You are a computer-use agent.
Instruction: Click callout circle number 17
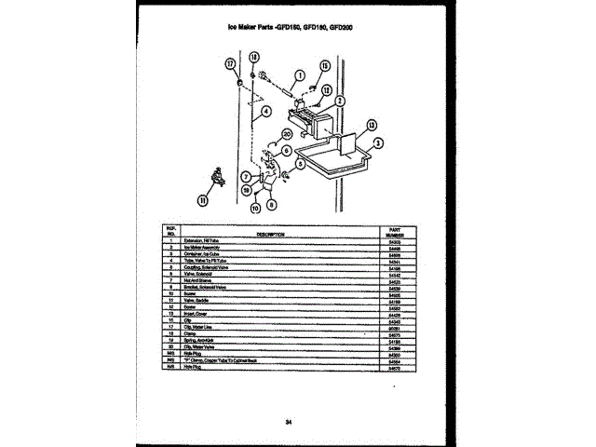pos(230,63)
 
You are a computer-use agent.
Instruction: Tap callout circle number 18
pos(253,58)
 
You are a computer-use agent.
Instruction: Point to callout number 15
pos(325,65)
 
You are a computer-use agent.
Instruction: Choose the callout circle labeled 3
pos(377,143)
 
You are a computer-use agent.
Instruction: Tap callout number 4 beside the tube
pos(265,110)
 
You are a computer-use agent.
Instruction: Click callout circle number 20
pos(287,134)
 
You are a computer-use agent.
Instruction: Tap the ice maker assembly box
pos(312,122)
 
